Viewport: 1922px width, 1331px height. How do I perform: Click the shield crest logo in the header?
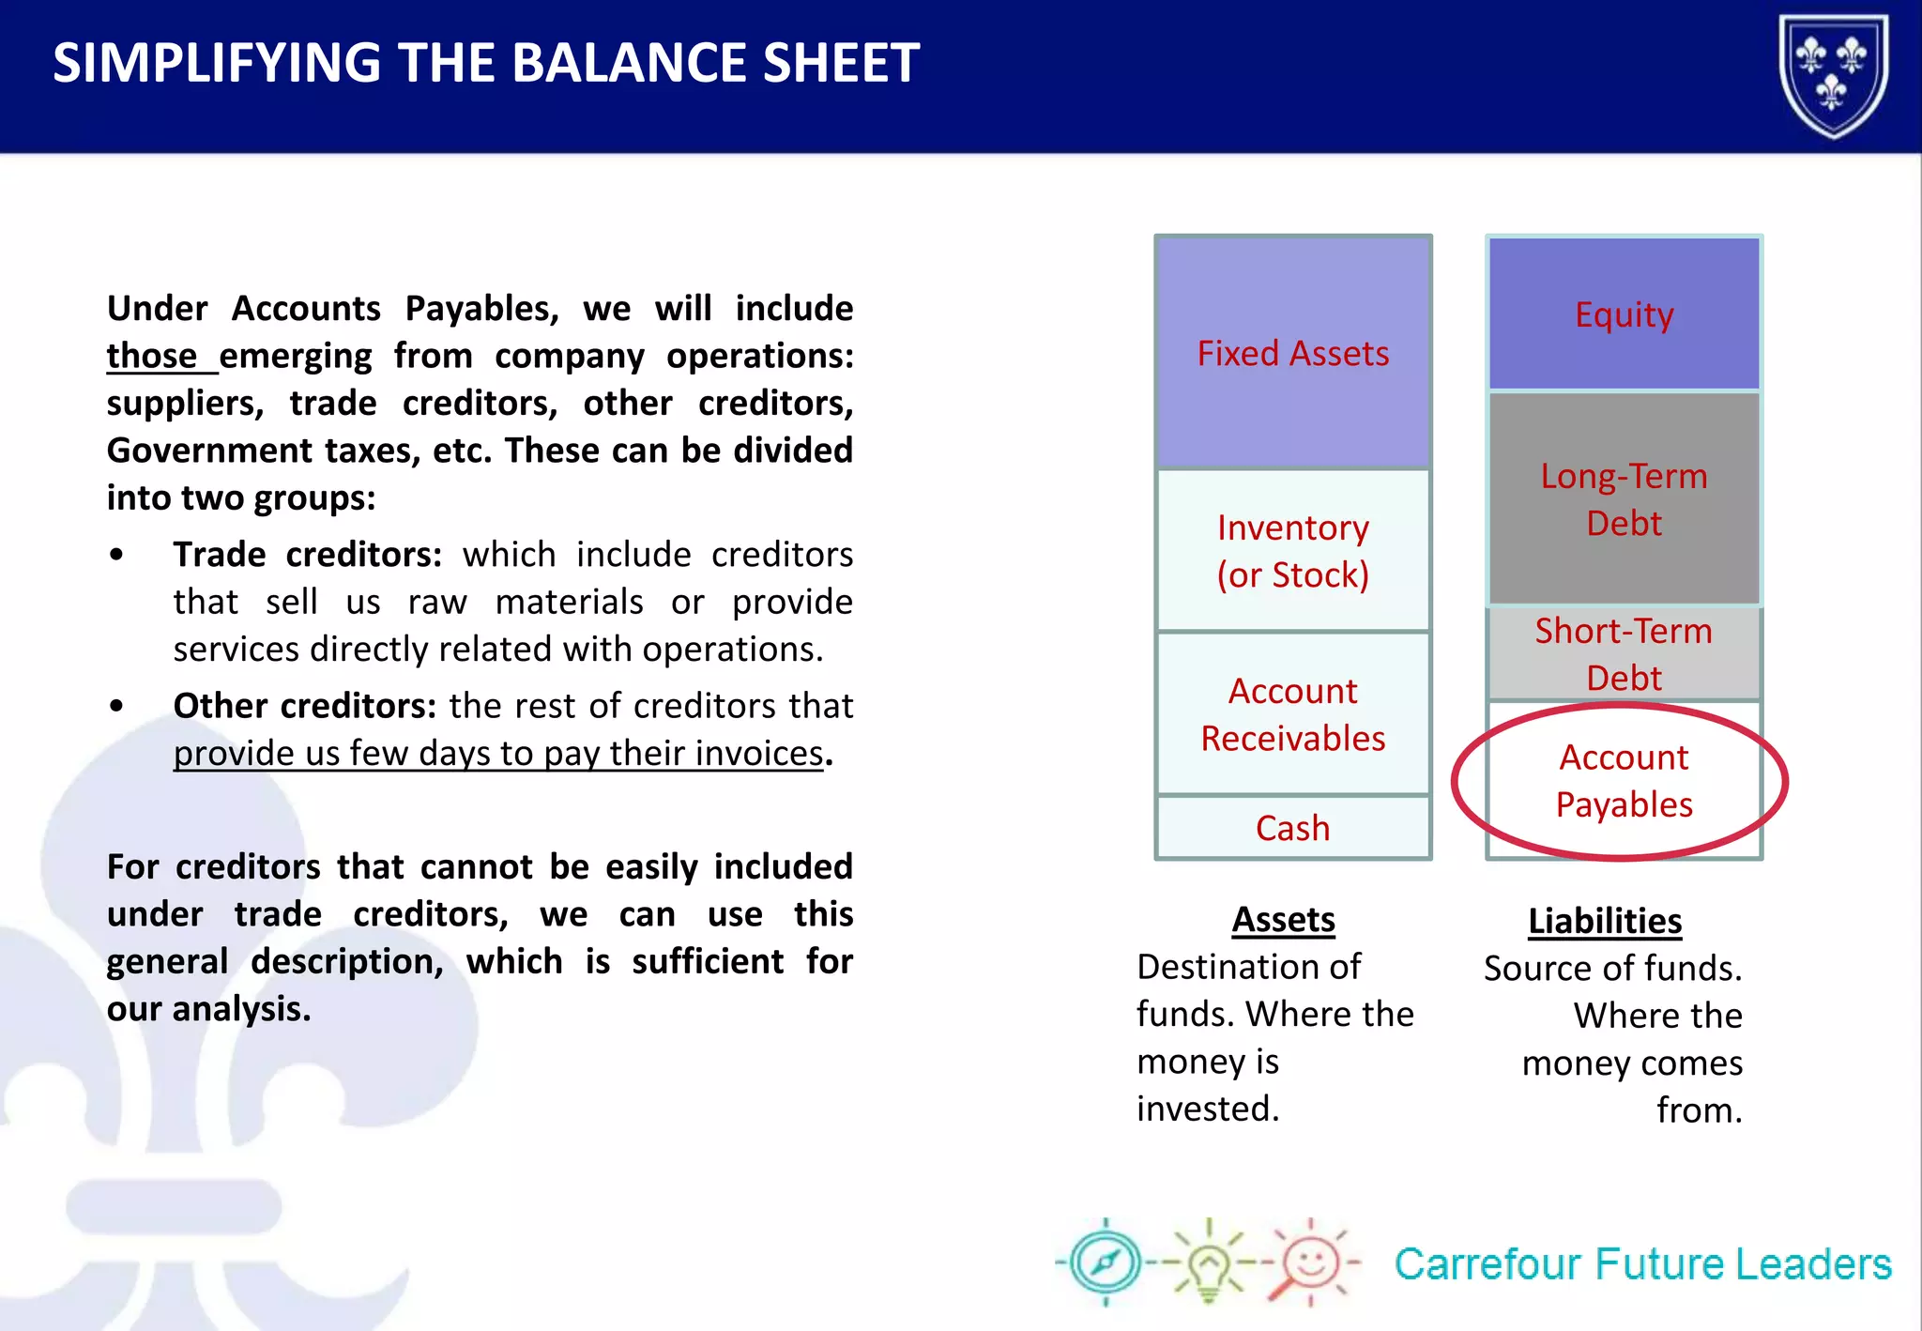click(1833, 75)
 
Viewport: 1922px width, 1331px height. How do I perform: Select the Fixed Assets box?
click(1292, 354)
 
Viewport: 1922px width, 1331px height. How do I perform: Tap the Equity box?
click(1624, 314)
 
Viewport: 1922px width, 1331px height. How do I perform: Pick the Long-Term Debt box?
click(1624, 499)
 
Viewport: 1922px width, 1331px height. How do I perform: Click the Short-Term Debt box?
click(1624, 653)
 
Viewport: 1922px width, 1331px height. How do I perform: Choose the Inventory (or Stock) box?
click(1292, 551)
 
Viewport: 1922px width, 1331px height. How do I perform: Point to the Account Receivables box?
click(1292, 714)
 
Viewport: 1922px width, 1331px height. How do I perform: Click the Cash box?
click(1292, 828)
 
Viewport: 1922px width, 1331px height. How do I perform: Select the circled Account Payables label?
click(1624, 781)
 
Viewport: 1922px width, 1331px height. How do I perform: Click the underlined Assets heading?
click(1283, 920)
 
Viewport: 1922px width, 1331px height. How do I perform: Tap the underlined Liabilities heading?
click(1605, 922)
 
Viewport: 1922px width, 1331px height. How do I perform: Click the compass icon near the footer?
click(1106, 1262)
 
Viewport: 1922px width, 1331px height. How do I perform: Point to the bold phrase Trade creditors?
click(307, 555)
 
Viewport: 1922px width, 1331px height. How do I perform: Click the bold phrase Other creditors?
click(304, 706)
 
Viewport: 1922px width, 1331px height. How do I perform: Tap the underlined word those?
click(152, 357)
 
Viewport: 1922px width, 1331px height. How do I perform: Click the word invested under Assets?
click(1207, 1109)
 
